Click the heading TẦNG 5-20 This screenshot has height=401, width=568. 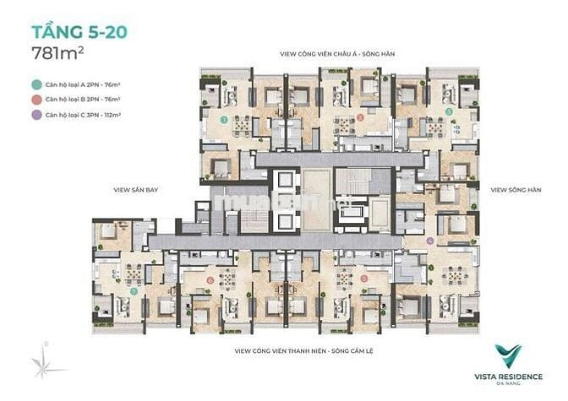79,33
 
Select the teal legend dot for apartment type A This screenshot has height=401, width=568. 35,85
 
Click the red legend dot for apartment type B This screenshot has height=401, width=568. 35,99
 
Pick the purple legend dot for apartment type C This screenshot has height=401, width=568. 35,113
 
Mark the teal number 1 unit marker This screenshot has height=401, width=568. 223,120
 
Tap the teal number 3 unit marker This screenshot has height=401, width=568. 449,111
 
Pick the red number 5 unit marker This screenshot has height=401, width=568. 363,278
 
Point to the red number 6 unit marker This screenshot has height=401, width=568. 210,279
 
